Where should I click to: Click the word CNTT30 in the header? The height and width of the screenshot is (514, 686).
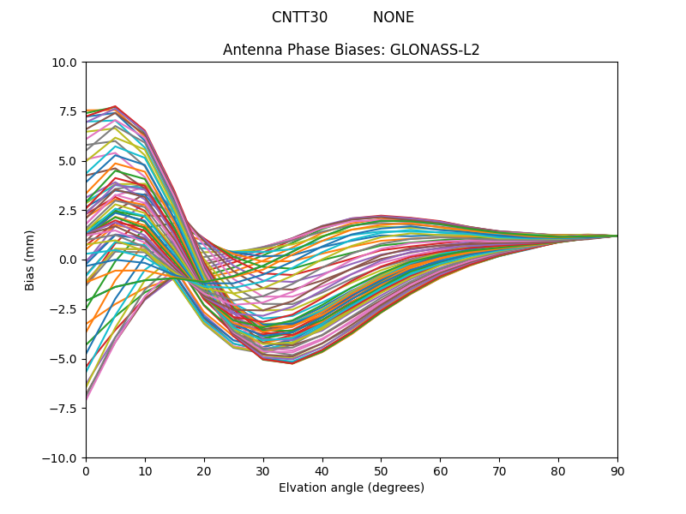(x=299, y=17)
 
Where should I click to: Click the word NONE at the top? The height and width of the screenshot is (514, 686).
(x=394, y=17)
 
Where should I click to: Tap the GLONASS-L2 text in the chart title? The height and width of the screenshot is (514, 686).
(x=435, y=50)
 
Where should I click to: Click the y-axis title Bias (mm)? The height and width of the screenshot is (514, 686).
(x=30, y=260)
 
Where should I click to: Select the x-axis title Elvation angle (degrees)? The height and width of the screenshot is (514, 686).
(x=352, y=487)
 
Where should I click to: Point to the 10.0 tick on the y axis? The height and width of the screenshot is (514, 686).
(x=67, y=62)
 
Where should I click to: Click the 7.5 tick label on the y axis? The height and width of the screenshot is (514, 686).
(x=69, y=111)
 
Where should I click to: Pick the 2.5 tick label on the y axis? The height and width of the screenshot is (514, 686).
(x=69, y=210)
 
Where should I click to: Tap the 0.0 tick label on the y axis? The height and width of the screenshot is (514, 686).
(x=69, y=260)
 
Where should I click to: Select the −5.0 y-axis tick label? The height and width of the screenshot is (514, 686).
(x=66, y=359)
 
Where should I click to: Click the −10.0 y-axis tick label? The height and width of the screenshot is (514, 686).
(x=63, y=457)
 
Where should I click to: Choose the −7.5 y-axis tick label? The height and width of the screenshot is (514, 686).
(x=66, y=408)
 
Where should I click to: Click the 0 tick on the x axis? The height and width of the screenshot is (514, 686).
(x=86, y=470)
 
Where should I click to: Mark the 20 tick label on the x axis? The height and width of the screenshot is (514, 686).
(x=204, y=470)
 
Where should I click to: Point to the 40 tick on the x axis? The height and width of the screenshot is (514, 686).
(x=322, y=470)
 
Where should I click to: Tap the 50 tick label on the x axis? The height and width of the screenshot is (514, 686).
(x=381, y=470)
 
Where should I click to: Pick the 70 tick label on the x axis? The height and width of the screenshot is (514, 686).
(x=499, y=470)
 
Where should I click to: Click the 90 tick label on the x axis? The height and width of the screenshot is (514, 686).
(x=617, y=470)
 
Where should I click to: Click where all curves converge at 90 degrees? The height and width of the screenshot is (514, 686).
(x=617, y=236)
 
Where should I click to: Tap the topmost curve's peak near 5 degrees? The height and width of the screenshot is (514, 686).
(x=115, y=106)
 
